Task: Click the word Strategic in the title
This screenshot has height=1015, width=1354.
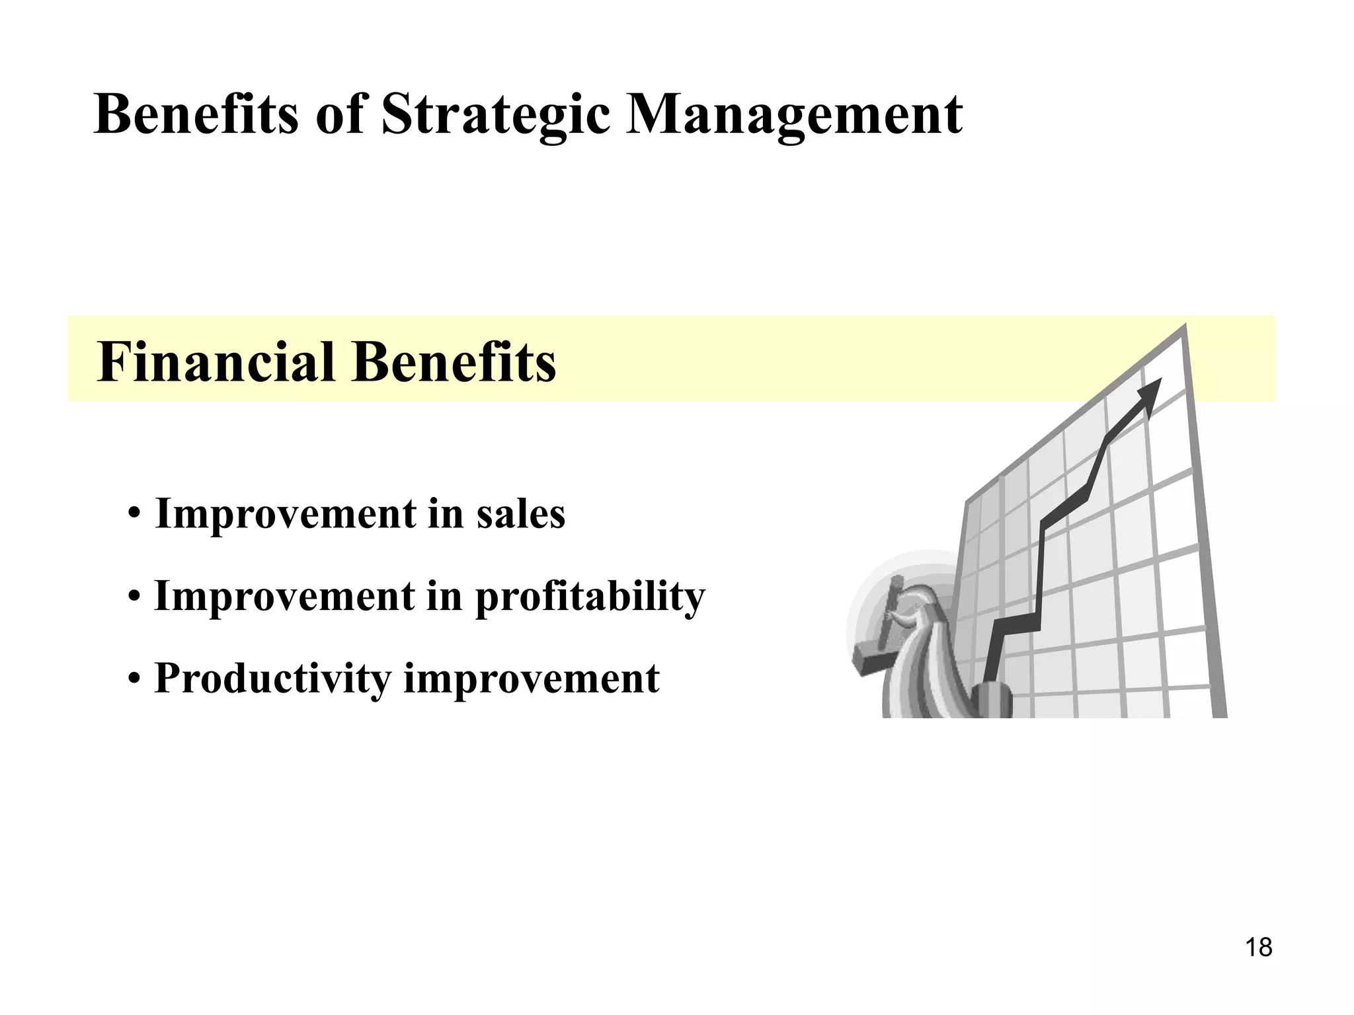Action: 495,114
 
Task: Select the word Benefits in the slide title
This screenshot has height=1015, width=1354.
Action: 196,114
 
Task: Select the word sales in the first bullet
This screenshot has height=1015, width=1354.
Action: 520,513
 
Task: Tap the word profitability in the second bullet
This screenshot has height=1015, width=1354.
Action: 590,597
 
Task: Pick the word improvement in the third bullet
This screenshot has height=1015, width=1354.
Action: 531,679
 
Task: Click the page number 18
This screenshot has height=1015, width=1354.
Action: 1258,948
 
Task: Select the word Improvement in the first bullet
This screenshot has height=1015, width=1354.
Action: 285,513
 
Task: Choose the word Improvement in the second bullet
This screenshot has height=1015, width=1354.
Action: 285,596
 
